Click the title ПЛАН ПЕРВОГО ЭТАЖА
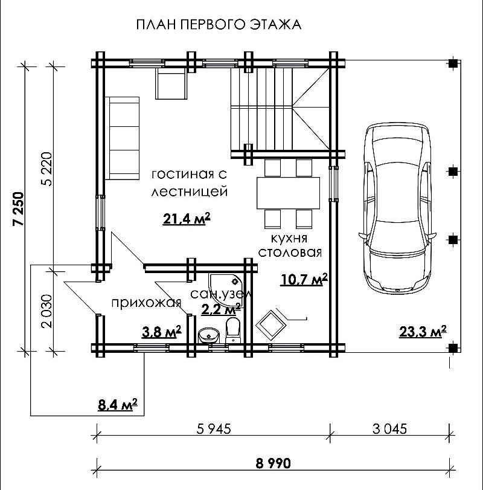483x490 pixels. point(219,24)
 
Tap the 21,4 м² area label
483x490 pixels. point(187,219)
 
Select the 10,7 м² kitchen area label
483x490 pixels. point(304,279)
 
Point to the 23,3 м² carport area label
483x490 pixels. point(423,331)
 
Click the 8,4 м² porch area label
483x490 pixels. point(118,405)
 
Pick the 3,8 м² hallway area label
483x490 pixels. point(161,332)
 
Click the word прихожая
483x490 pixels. point(147,303)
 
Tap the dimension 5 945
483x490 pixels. point(214,429)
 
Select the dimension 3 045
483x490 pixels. point(389,429)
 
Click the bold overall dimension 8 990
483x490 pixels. point(273,463)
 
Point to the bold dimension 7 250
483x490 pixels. point(19,209)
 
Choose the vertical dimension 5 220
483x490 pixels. point(47,169)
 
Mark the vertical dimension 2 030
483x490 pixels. point(47,311)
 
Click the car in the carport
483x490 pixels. point(397,207)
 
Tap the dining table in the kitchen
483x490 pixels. point(288,193)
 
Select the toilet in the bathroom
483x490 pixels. point(232,330)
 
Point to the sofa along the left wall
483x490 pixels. point(122,138)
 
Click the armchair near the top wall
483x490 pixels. point(171,83)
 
